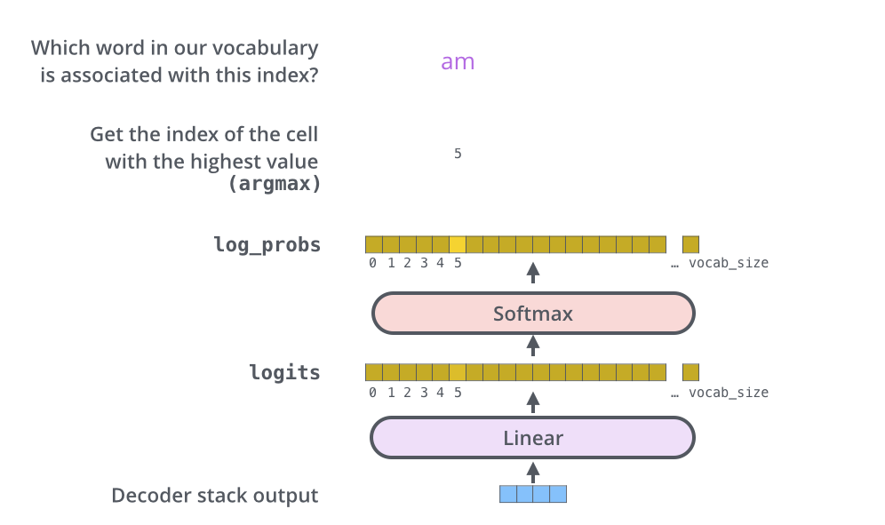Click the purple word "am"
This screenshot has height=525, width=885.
point(458,62)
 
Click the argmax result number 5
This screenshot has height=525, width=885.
point(458,154)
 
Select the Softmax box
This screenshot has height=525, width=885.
point(532,314)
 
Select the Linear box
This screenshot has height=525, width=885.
point(532,438)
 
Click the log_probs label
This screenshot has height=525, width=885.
point(267,244)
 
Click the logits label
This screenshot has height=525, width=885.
point(284,372)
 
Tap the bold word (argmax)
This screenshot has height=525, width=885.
point(275,184)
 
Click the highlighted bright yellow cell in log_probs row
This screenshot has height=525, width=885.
point(458,244)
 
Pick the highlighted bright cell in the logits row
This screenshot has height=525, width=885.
point(458,372)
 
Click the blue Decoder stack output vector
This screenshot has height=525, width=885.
point(532,494)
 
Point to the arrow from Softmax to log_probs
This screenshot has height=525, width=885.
point(533,273)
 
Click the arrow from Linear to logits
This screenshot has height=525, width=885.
point(533,402)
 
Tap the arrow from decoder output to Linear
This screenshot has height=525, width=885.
point(533,470)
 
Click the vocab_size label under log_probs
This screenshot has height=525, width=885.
point(729,263)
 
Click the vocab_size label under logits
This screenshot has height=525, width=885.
point(729,393)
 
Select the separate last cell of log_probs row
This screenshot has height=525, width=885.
point(690,244)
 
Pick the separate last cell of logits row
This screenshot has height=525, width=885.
point(690,372)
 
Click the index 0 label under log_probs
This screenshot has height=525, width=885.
point(373,263)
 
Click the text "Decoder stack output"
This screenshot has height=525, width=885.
point(214,496)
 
